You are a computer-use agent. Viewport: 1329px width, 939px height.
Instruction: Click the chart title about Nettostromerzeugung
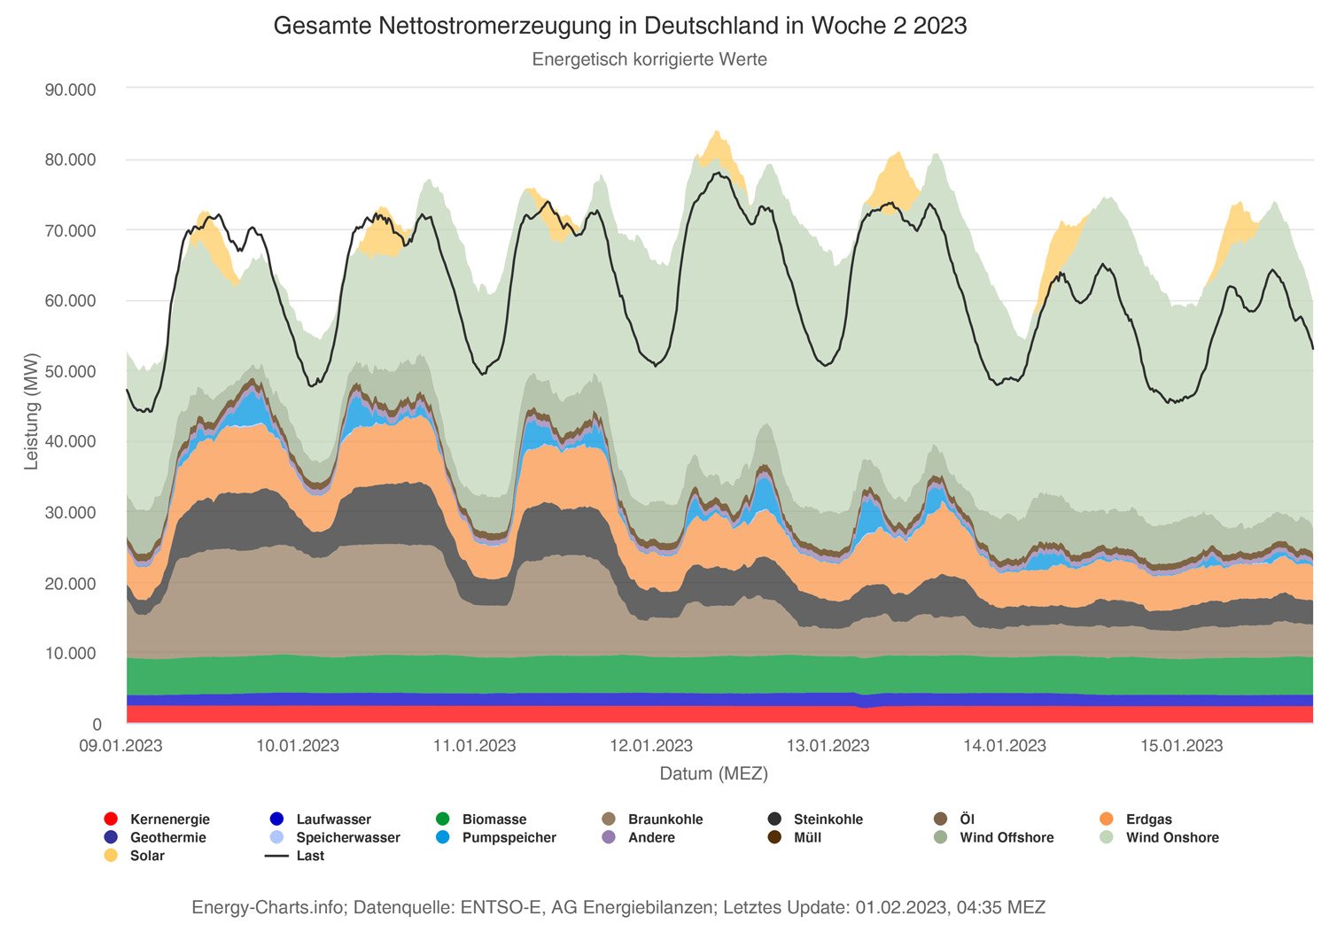(619, 26)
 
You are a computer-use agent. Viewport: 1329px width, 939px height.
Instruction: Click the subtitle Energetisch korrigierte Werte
(649, 59)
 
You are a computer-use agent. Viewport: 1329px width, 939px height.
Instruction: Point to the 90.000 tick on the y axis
(70, 89)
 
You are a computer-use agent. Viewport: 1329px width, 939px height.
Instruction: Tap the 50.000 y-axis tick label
(70, 371)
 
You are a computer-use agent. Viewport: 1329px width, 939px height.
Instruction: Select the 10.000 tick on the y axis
(70, 654)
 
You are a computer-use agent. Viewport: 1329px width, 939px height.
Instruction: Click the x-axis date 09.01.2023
(120, 746)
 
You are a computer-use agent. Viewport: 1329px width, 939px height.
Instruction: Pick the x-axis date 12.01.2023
(651, 746)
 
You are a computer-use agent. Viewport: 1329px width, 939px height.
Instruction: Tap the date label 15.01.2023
(1181, 746)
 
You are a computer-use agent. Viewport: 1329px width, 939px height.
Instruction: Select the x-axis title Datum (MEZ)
(713, 773)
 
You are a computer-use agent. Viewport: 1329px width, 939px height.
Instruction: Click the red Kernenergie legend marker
(111, 819)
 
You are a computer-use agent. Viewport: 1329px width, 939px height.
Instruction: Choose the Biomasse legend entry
(494, 819)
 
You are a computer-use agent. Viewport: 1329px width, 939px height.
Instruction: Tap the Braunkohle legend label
(665, 819)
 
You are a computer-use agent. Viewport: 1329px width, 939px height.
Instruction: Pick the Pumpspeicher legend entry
(509, 838)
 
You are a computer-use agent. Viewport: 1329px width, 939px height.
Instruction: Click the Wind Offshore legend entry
(1006, 838)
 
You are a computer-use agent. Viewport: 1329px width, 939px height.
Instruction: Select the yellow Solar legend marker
(111, 856)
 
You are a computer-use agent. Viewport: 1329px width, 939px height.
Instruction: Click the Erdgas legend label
(1148, 819)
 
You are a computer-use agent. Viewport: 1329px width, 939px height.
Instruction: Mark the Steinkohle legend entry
(828, 819)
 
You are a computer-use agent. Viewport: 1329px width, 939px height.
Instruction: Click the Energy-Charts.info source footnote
(618, 907)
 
